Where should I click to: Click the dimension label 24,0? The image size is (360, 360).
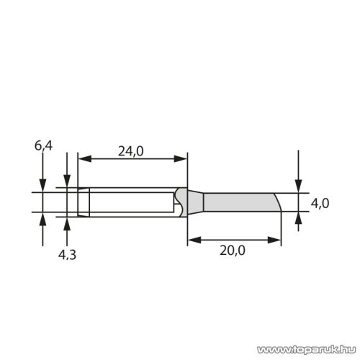(x=131, y=151)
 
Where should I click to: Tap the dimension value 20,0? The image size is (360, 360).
(x=232, y=251)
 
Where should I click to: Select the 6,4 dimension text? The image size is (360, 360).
(x=43, y=147)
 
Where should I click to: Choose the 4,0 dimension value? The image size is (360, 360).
(x=320, y=204)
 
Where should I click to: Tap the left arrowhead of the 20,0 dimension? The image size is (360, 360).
(x=191, y=240)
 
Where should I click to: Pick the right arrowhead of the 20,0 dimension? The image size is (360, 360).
(x=276, y=240)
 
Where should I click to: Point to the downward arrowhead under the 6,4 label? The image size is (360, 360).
(x=43, y=186)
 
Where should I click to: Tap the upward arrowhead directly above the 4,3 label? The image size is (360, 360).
(x=67, y=221)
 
